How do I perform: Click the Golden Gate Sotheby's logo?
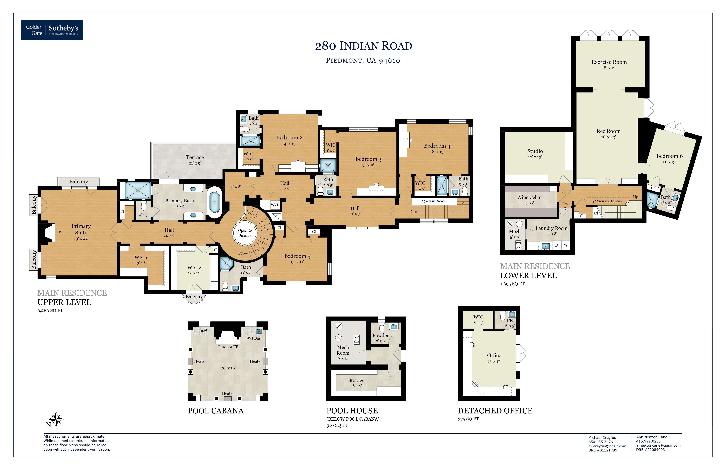[52, 30]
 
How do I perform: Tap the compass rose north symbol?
[55, 420]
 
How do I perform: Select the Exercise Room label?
[609, 62]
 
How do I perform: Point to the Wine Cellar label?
[530, 197]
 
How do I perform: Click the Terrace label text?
[195, 157]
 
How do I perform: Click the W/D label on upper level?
[275, 205]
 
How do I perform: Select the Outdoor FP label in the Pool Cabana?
[228, 347]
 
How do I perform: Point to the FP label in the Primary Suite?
[59, 232]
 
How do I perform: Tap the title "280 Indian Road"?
[363, 46]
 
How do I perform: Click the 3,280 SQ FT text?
[50, 310]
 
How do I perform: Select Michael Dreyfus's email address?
[607, 446]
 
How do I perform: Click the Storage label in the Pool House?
[356, 380]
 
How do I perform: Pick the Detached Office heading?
[495, 411]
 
